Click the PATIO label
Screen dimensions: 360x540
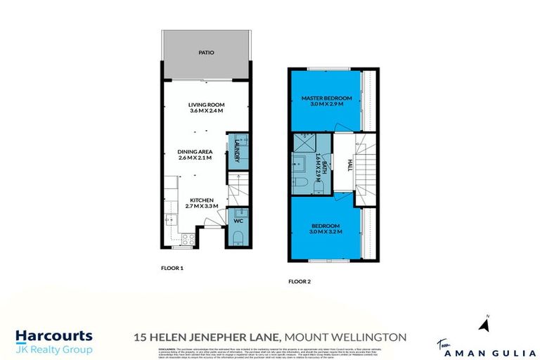coord(206,53)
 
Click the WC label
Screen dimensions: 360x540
coord(237,220)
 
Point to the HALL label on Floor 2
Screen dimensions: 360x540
coord(349,165)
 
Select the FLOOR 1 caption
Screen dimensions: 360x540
coord(172,268)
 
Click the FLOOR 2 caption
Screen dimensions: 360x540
coord(299,281)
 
